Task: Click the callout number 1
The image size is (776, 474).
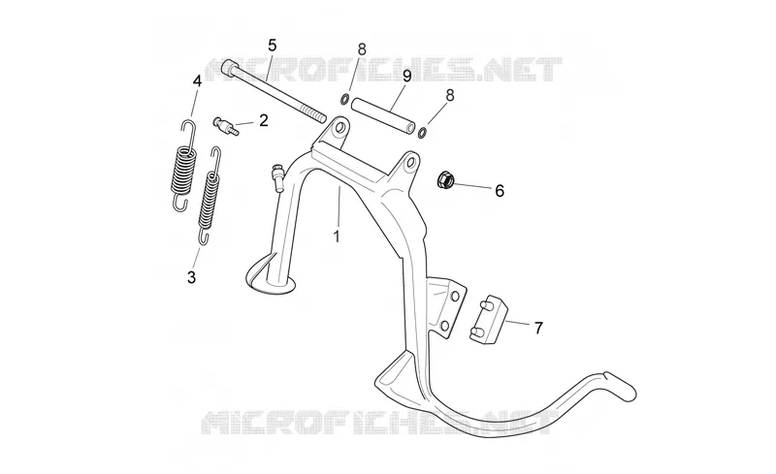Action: (337, 237)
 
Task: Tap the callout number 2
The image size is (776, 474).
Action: (263, 120)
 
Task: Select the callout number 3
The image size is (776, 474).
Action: (191, 277)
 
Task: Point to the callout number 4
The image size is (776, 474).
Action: (197, 81)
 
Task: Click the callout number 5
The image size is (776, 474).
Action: (273, 45)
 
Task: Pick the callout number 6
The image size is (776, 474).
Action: (500, 191)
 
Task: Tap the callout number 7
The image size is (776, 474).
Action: (538, 328)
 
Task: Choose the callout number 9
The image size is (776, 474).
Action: (406, 76)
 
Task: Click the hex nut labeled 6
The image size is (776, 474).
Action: (445, 180)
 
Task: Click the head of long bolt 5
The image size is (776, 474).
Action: (230, 67)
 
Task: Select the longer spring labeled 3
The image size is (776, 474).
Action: (210, 196)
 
